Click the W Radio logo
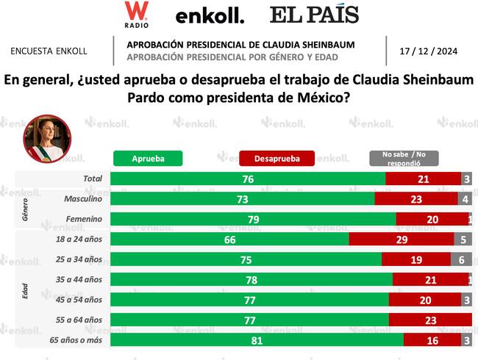pos(136,15)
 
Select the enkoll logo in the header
pos(210,15)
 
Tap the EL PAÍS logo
pos(314,15)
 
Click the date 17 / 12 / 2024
pos(428,51)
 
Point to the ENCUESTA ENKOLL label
pos(49,51)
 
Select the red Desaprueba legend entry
pos(277,158)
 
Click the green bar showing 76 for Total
pos(247,179)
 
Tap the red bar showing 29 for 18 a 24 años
pos(401,240)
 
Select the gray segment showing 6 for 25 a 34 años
pos(461,259)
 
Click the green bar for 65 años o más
pos(257,340)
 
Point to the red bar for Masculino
pos(415,198)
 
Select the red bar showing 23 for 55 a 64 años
pos(430,320)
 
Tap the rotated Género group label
pos(24,209)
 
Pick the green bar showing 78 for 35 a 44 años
pos(251,280)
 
